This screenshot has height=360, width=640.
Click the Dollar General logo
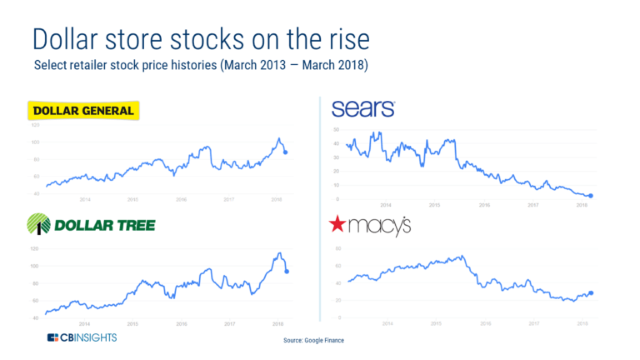tap(82, 111)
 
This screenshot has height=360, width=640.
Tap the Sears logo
tap(362, 108)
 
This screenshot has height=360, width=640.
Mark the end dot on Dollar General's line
tap(287, 152)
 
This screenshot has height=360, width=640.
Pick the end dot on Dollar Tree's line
tap(287, 272)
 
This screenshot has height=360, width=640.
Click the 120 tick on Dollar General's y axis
tap(35, 125)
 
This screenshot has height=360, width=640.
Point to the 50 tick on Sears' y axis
tap(336, 130)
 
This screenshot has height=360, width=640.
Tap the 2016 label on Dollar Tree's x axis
tap(181, 323)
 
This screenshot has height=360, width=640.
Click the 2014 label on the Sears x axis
tap(386, 204)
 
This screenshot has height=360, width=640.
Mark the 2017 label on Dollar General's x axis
tap(228, 200)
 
